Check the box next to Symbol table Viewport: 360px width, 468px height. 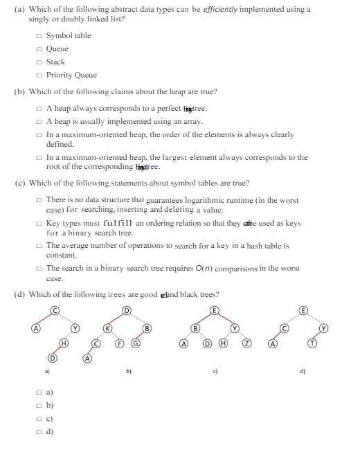click(x=39, y=36)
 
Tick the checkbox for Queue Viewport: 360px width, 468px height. click(x=39, y=49)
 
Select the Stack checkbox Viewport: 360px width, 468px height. click(x=39, y=62)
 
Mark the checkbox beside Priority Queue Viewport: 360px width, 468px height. click(x=39, y=75)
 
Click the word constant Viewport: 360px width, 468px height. click(x=58, y=255)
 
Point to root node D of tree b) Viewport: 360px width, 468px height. click(x=126, y=309)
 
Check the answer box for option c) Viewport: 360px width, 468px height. click(x=39, y=418)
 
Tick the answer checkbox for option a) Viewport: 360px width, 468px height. click(x=39, y=392)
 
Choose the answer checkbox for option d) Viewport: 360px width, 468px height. click(x=39, y=431)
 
